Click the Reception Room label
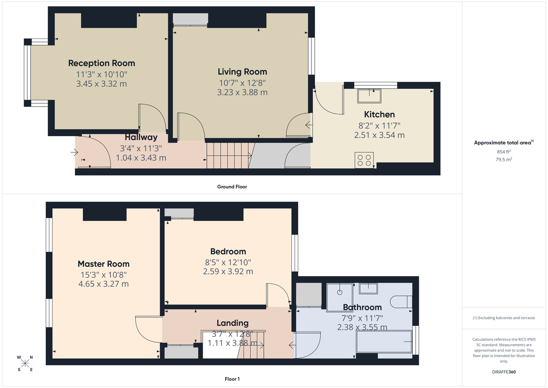click(101, 63)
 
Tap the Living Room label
click(242, 72)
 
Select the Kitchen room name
click(379, 114)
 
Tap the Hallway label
click(141, 137)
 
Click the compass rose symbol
click(25, 363)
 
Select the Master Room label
click(103, 264)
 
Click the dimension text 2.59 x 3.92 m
click(228, 271)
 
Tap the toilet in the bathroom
click(402, 302)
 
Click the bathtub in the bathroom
click(385, 342)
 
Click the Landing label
click(232, 323)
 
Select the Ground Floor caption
click(232, 186)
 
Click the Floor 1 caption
click(232, 379)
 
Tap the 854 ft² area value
click(504, 152)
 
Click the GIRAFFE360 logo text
click(504, 372)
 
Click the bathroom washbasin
click(368, 288)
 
